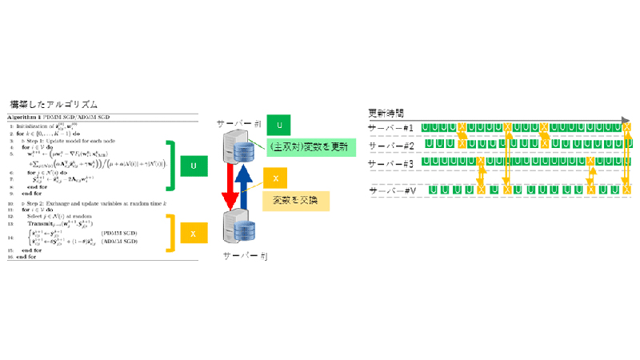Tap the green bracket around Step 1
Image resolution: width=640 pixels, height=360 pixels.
pos(170,166)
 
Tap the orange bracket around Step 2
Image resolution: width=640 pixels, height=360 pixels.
pos(170,232)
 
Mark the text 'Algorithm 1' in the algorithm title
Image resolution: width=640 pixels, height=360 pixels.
pos(29,118)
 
